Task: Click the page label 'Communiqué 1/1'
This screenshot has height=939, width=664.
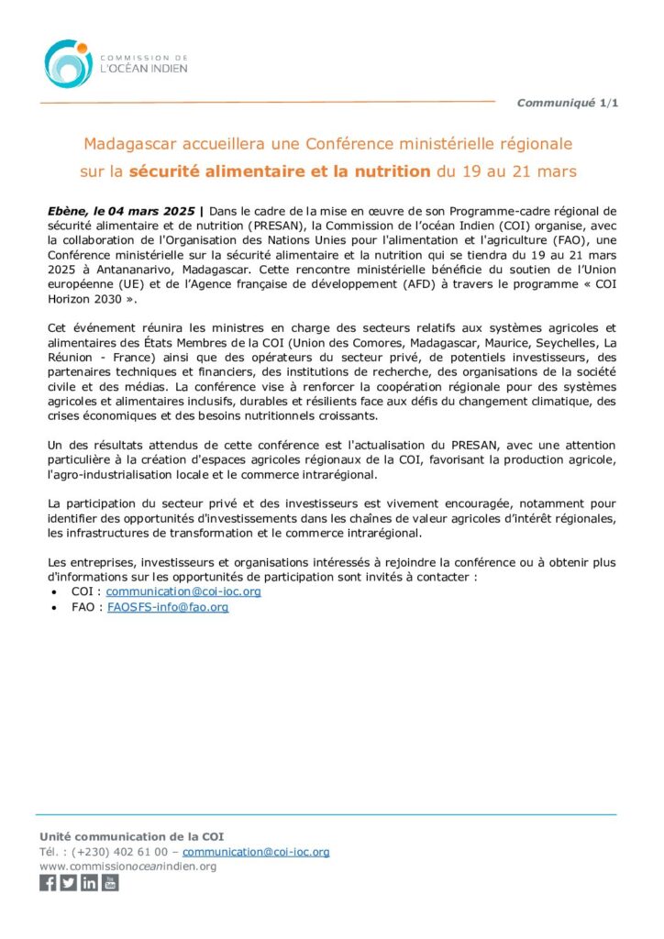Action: [x=567, y=103]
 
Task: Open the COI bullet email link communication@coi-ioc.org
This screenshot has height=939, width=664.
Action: [x=183, y=591]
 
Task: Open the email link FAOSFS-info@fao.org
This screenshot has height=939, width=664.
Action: [x=168, y=607]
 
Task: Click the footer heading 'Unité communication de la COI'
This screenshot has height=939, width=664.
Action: [x=131, y=836]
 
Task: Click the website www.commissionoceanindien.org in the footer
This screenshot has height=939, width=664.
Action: [x=127, y=867]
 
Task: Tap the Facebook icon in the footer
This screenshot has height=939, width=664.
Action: [x=48, y=883]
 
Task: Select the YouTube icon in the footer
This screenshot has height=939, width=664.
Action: [x=110, y=883]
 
